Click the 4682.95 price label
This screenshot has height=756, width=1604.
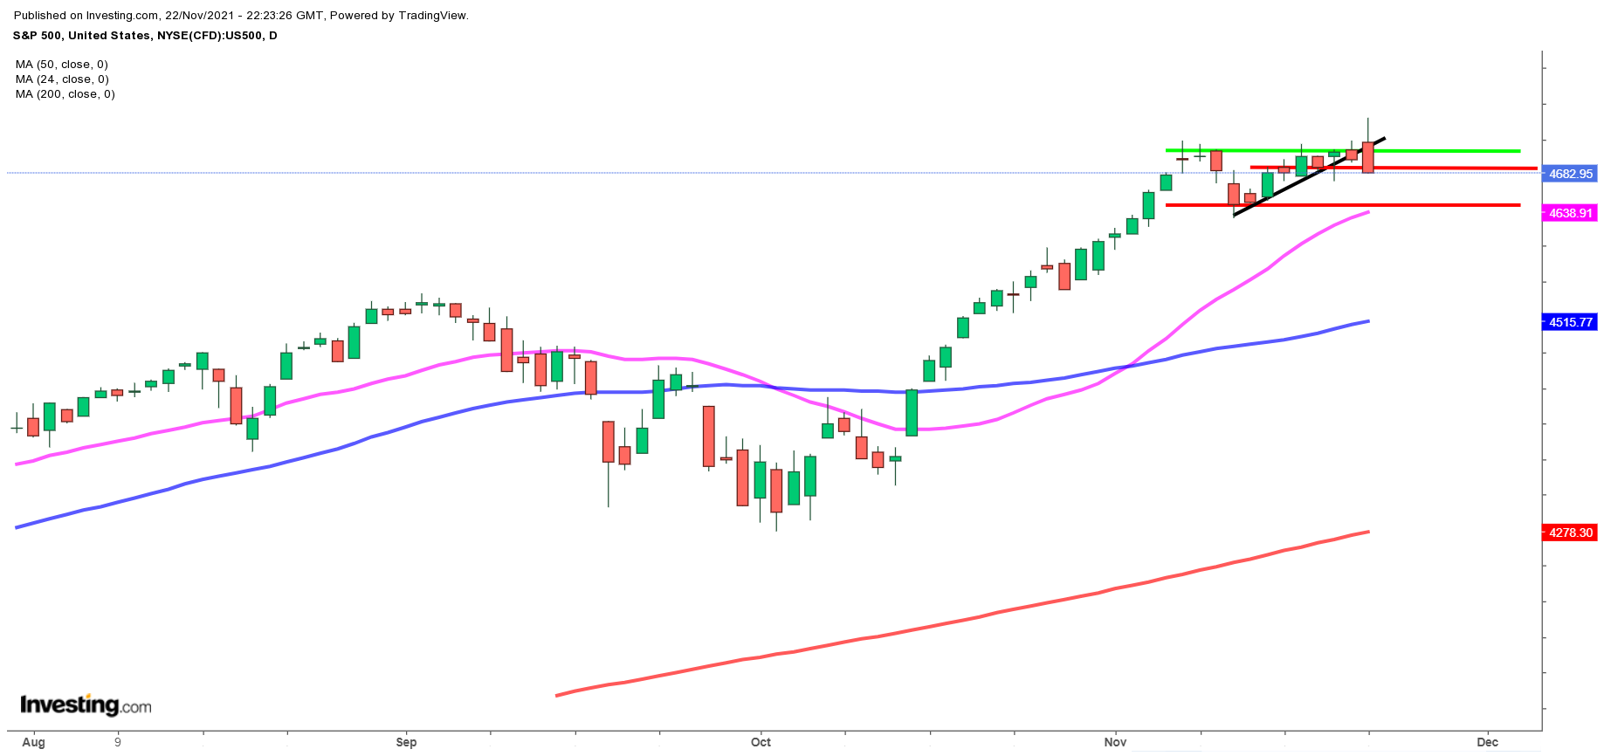pos(1570,174)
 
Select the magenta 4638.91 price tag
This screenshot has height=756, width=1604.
pos(1570,213)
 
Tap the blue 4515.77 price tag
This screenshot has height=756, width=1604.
pos(1570,322)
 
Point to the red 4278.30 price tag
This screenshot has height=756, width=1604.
pos(1570,533)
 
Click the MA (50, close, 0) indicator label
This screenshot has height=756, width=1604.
pos(61,65)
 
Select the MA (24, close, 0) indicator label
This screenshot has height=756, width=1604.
pos(61,79)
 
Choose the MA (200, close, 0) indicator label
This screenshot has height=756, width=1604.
pos(65,94)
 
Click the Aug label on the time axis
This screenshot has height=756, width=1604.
pos(33,743)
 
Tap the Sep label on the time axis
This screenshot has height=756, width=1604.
pos(406,743)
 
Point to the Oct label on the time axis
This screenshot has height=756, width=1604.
pos(761,743)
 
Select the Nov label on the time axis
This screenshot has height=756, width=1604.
pos(1115,743)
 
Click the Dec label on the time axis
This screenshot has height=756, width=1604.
pos(1487,743)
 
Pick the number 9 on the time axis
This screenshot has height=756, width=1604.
pos(117,743)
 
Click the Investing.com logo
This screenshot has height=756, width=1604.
pos(86,704)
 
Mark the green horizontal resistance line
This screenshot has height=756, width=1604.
pos(1441,151)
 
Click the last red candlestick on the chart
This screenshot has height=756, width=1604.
pos(1367,157)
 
